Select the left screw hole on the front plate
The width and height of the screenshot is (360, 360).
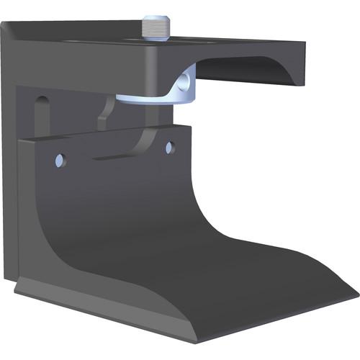point(59,158)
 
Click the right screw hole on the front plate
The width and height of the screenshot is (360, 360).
point(170,148)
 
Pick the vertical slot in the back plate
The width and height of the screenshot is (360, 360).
point(41,116)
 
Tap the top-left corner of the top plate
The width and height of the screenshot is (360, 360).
point(6,24)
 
